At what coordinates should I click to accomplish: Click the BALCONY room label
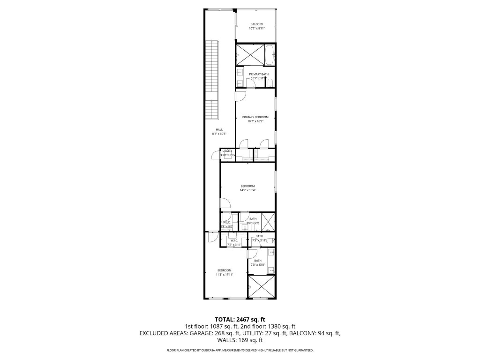(x=256, y=24)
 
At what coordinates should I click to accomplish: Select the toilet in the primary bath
(x=270, y=83)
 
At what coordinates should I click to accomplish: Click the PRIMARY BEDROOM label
(x=255, y=117)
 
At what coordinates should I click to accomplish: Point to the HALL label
(x=219, y=129)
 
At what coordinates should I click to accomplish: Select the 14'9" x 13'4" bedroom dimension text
(x=248, y=190)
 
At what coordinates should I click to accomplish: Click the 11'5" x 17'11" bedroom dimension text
(x=224, y=274)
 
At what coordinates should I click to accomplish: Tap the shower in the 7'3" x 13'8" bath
(x=260, y=287)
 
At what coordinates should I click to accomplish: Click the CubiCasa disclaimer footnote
(x=240, y=350)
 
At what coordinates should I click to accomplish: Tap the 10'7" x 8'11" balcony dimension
(x=256, y=29)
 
